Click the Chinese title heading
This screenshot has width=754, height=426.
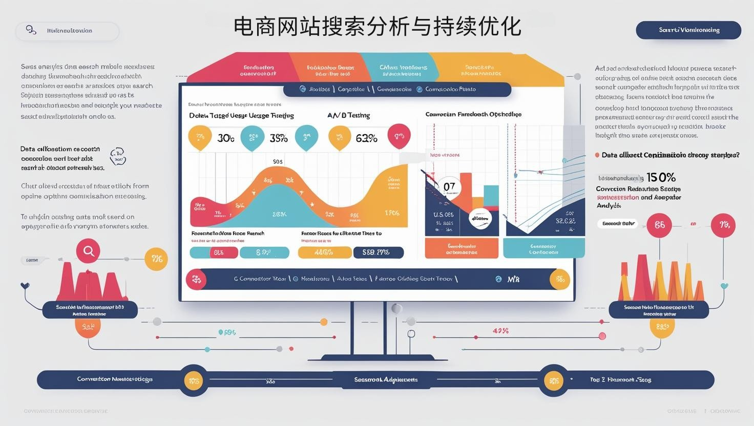click(x=377, y=27)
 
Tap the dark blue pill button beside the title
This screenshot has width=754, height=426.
click(x=688, y=30)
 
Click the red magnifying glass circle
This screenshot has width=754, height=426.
click(x=88, y=251)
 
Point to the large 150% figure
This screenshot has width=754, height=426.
click(x=661, y=178)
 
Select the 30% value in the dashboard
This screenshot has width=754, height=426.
click(x=226, y=138)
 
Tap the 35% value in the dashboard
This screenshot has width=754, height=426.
click(x=278, y=138)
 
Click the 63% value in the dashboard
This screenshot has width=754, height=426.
click(x=366, y=138)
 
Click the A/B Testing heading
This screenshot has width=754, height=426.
click(x=348, y=115)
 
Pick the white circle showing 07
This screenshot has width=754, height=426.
click(x=449, y=187)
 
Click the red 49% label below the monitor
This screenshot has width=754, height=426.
click(x=500, y=331)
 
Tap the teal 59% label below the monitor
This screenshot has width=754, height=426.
click(x=227, y=332)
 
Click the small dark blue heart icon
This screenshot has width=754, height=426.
click(x=25, y=286)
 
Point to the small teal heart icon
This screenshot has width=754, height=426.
click(x=724, y=286)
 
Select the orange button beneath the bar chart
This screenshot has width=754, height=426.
click(x=462, y=249)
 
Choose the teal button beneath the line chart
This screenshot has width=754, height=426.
click(x=543, y=249)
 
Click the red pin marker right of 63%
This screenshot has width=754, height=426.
click(x=399, y=136)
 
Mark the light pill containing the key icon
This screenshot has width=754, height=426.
click(x=67, y=31)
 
